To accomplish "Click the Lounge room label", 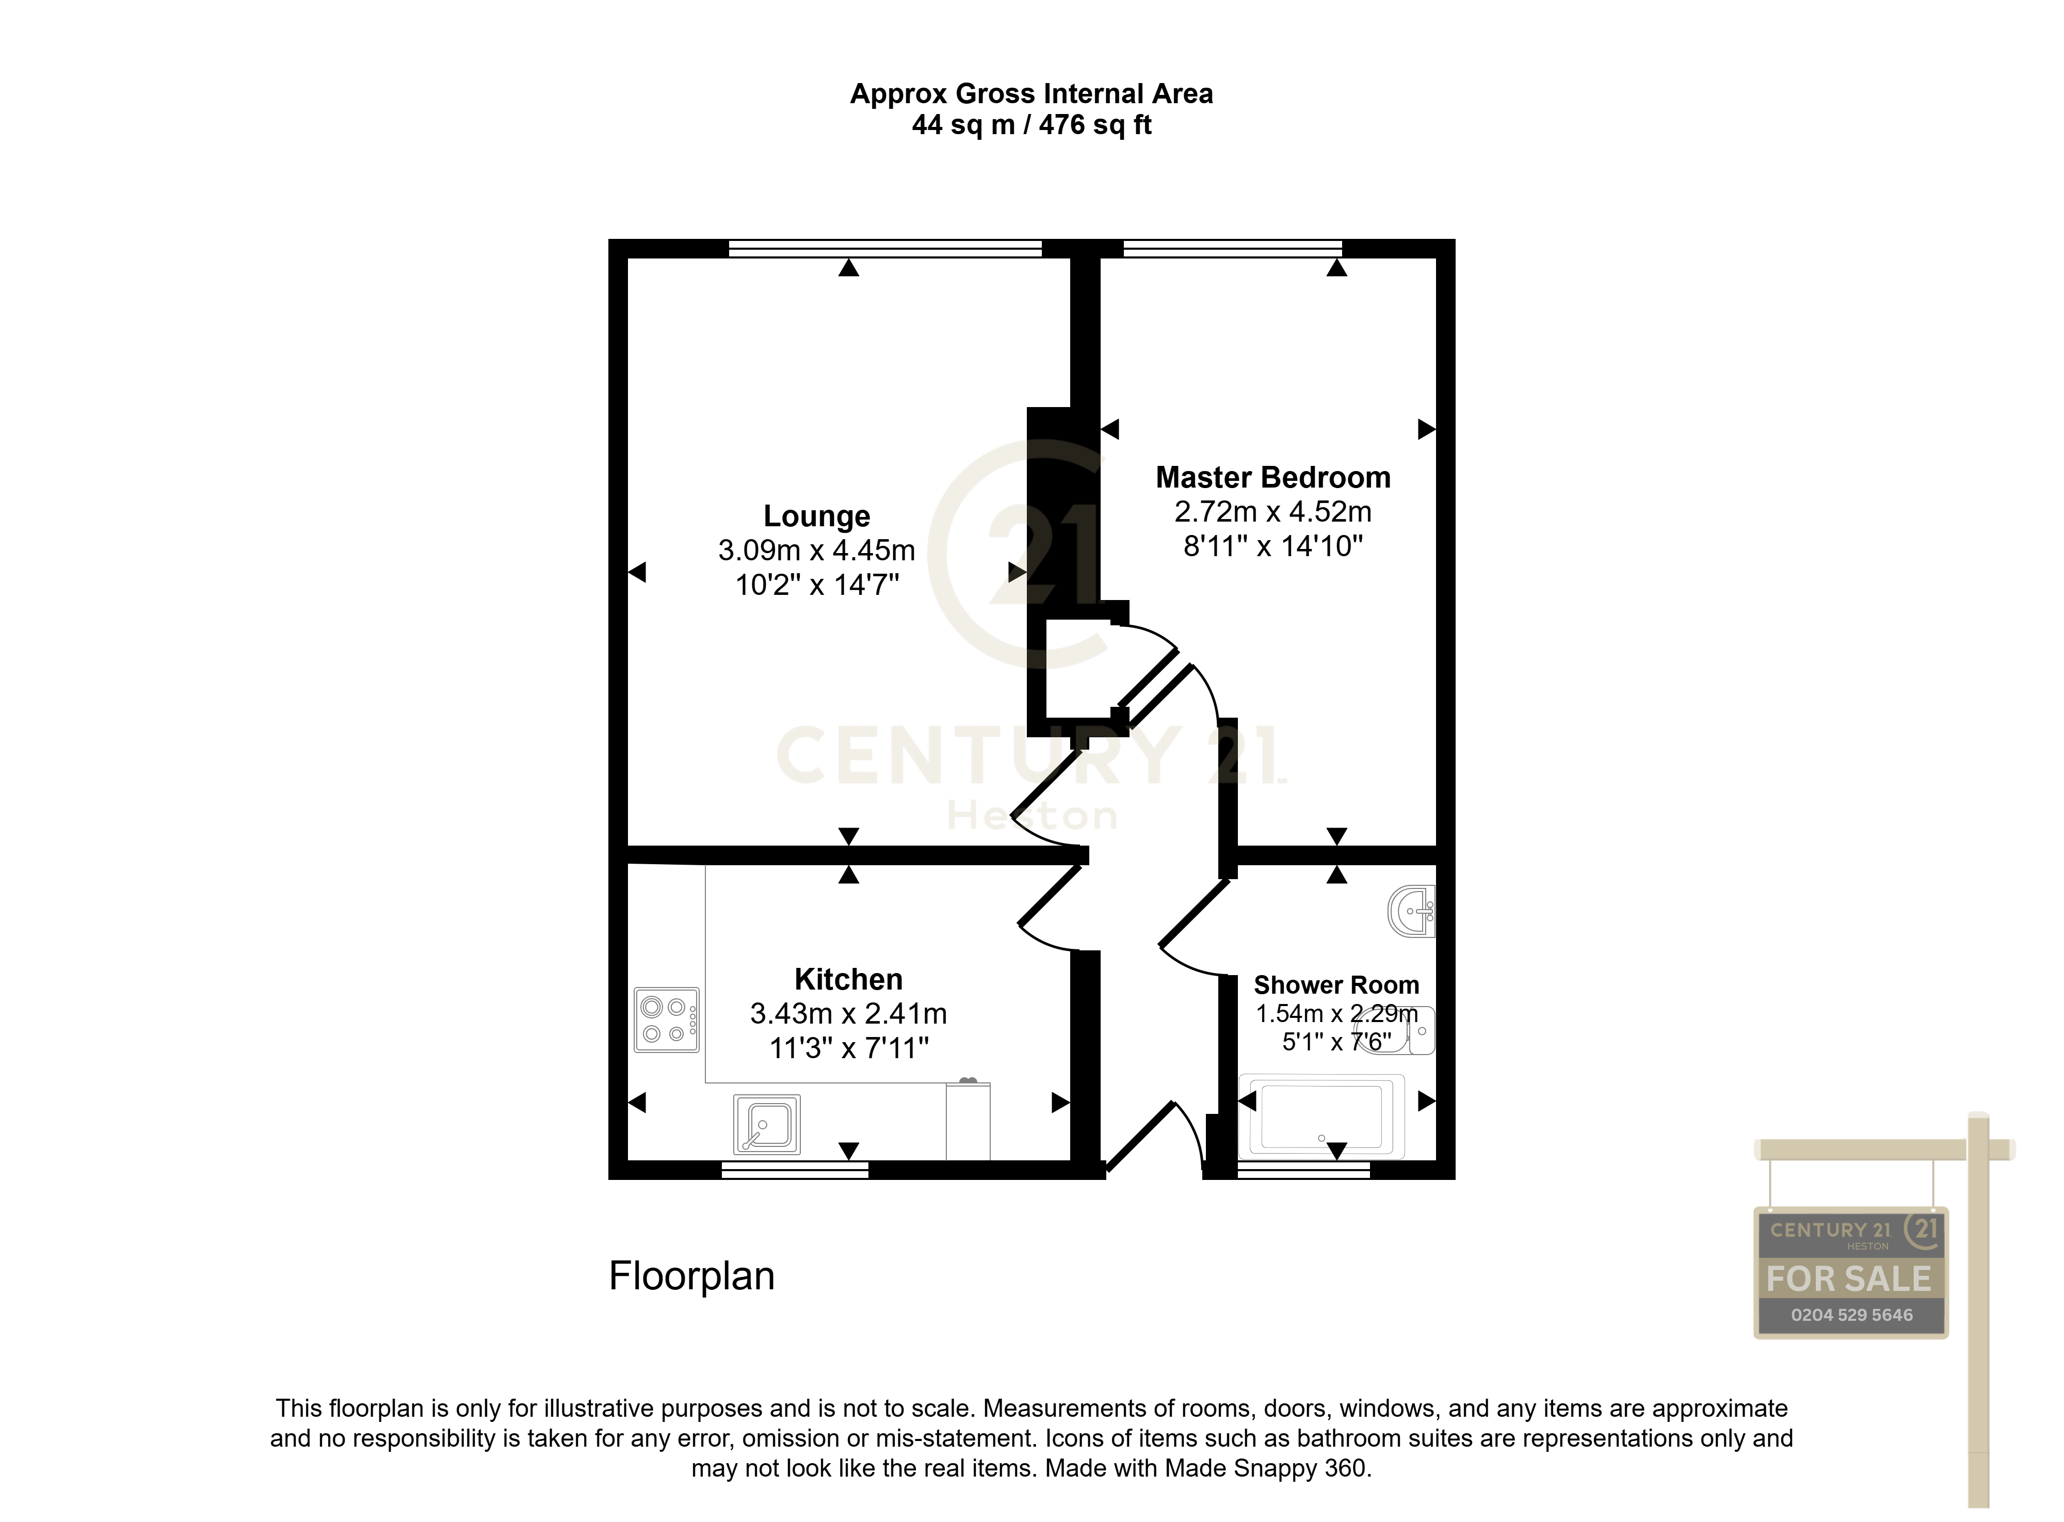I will (x=816, y=516).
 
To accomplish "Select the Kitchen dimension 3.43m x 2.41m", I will (x=848, y=1013).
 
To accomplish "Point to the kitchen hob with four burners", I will (x=666, y=1020).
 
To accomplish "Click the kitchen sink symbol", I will (x=766, y=1124).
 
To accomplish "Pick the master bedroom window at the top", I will (x=1232, y=248).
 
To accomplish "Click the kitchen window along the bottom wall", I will (x=794, y=1170).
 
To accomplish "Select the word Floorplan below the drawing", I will (x=691, y=1276).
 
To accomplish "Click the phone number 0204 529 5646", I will (x=1851, y=1315).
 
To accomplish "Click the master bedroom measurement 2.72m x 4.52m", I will (x=1272, y=511).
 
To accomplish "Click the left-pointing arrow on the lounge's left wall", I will (x=637, y=572).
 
